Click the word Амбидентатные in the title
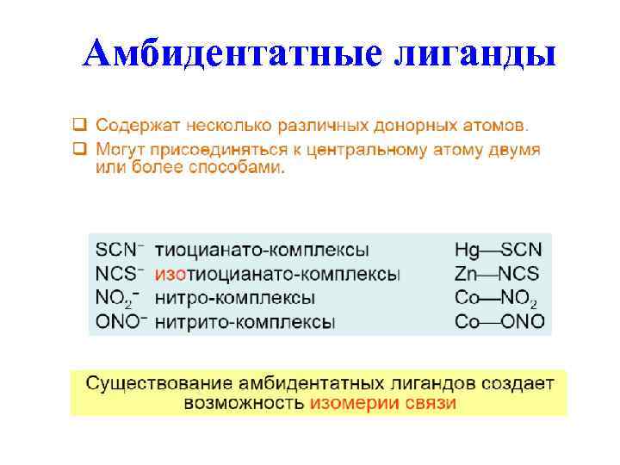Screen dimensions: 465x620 [232, 54]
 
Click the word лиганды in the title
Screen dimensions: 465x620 [474, 54]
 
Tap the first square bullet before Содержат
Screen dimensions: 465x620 [78, 127]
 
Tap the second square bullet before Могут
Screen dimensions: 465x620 [78, 149]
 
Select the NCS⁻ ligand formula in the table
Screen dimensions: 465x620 [120, 275]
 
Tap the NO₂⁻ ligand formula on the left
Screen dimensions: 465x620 [117, 299]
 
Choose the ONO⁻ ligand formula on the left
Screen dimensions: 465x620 [121, 322]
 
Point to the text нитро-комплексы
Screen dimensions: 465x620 [234, 298]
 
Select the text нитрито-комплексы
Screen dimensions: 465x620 [245, 322]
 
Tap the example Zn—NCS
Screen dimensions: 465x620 [497, 275]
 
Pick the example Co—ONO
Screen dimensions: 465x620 [499, 322]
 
